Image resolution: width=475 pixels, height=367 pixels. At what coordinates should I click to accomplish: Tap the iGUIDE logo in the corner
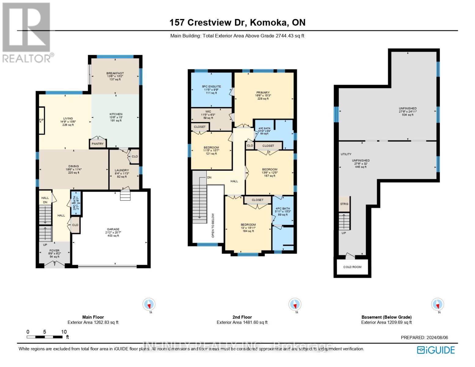click(436, 350)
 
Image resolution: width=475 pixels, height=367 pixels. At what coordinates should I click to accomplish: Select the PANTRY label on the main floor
click(98, 144)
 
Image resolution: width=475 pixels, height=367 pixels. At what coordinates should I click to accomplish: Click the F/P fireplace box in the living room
click(42, 120)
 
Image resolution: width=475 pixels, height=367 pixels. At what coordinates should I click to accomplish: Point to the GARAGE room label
click(113, 229)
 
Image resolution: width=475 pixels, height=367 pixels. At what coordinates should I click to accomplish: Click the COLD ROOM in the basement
click(352, 267)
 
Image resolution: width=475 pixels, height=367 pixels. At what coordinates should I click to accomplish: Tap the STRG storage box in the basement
click(344, 204)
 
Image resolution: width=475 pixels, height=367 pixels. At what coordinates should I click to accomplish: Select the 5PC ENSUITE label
click(211, 87)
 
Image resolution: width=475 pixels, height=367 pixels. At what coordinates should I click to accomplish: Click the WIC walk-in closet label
click(208, 112)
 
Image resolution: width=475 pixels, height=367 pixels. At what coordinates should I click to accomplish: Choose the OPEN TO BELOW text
click(213, 225)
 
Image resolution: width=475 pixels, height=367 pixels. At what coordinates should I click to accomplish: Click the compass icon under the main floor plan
click(149, 305)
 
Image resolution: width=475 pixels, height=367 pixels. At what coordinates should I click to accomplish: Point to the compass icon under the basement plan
click(437, 305)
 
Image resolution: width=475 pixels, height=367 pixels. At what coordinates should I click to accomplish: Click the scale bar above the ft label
click(45, 337)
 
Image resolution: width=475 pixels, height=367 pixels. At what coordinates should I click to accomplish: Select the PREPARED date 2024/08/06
click(424, 338)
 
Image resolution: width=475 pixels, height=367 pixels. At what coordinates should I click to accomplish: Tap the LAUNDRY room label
click(122, 170)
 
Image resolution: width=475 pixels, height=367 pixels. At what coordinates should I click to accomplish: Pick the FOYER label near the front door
click(54, 250)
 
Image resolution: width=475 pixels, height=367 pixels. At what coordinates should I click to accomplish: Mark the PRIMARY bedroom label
click(263, 93)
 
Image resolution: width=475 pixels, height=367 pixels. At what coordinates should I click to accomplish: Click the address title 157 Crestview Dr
click(237, 23)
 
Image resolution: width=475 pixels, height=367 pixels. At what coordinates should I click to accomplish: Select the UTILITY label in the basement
click(346, 154)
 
